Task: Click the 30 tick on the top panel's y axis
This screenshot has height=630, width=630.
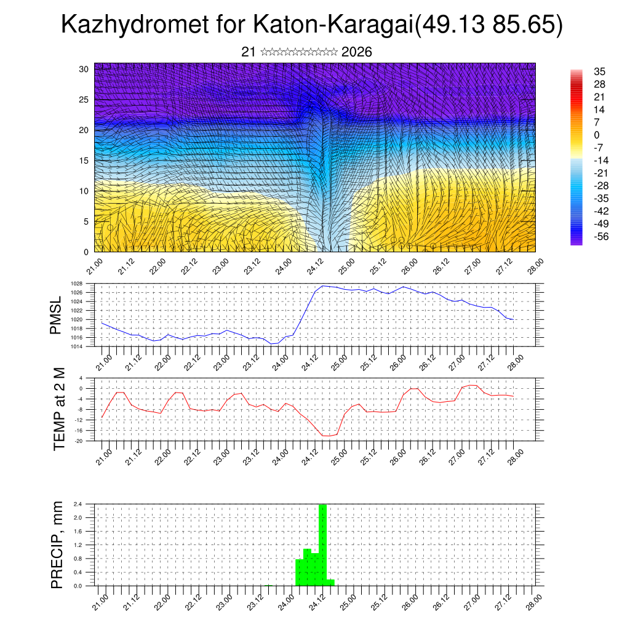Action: (x=84, y=69)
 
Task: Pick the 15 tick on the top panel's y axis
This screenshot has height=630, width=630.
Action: (x=84, y=161)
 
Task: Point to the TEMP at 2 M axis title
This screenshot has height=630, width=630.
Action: (x=59, y=409)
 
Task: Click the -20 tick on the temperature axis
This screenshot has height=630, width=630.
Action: (x=79, y=441)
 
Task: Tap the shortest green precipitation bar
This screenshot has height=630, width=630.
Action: (x=330, y=582)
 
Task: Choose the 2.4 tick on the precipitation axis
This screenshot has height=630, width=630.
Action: (x=78, y=504)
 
